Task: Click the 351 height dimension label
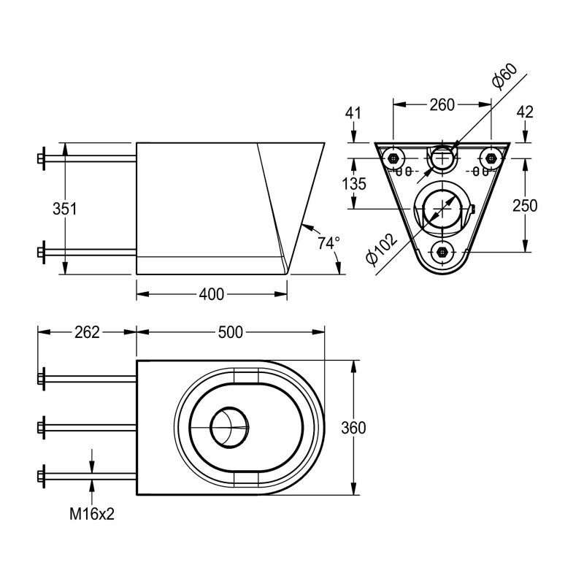pyautogui.click(x=65, y=208)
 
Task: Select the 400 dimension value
pyautogui.click(x=211, y=294)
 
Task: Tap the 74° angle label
pyautogui.click(x=328, y=242)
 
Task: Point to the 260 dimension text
pyautogui.click(x=442, y=105)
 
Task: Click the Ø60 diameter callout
pyautogui.click(x=504, y=77)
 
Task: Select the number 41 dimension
pyautogui.click(x=354, y=112)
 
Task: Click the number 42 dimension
pyautogui.click(x=524, y=112)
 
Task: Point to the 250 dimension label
pyautogui.click(x=524, y=206)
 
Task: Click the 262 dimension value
pyautogui.click(x=86, y=332)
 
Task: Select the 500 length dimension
pyautogui.click(x=230, y=332)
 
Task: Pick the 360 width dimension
pyautogui.click(x=353, y=428)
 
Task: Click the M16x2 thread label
pyautogui.click(x=92, y=514)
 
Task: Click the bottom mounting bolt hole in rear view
pyautogui.click(x=442, y=252)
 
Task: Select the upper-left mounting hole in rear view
pyautogui.click(x=394, y=158)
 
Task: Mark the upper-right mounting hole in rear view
pyautogui.click(x=491, y=158)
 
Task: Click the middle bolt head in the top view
pyautogui.click(x=42, y=427)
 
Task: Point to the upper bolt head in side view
pyautogui.click(x=42, y=158)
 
